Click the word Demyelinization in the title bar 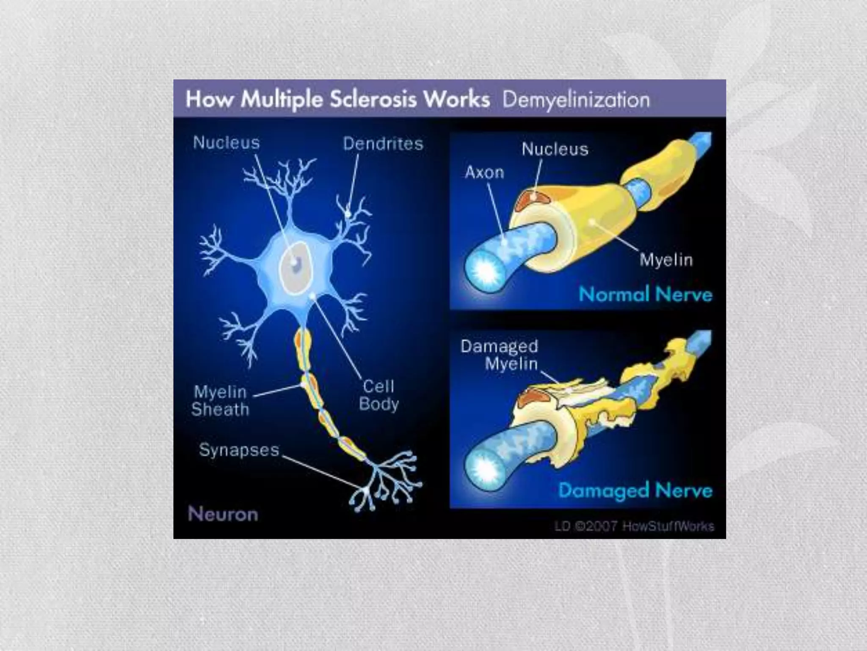(x=576, y=100)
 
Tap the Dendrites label (x=383, y=144)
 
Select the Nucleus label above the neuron (x=226, y=142)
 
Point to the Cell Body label (x=378, y=395)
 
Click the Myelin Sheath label (x=220, y=401)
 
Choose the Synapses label (x=239, y=450)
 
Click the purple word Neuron (x=223, y=514)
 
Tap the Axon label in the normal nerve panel (x=484, y=172)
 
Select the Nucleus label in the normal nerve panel (x=555, y=149)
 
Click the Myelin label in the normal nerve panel (x=666, y=259)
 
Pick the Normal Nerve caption (x=645, y=294)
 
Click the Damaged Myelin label (x=500, y=355)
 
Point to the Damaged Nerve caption (x=635, y=490)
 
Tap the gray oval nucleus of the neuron (x=296, y=267)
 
